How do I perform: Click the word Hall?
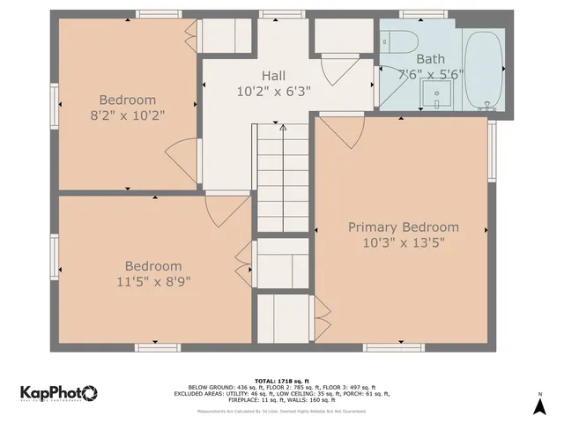[x=272, y=76]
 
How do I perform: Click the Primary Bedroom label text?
[x=403, y=226]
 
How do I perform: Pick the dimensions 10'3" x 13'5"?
[x=403, y=242]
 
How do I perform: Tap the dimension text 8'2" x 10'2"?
[x=127, y=115]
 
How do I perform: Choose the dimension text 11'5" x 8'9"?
[x=152, y=281]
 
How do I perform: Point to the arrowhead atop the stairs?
[x=283, y=128]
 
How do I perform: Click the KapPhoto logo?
[x=58, y=393]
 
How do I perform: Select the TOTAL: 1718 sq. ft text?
[x=282, y=380]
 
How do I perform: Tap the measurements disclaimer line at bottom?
[x=282, y=411]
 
